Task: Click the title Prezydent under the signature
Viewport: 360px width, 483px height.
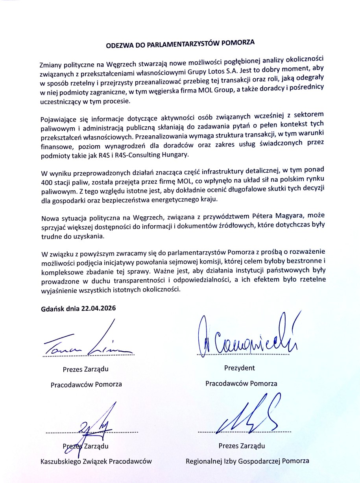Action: [240, 368]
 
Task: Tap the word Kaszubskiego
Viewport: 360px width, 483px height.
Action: [61, 461]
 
